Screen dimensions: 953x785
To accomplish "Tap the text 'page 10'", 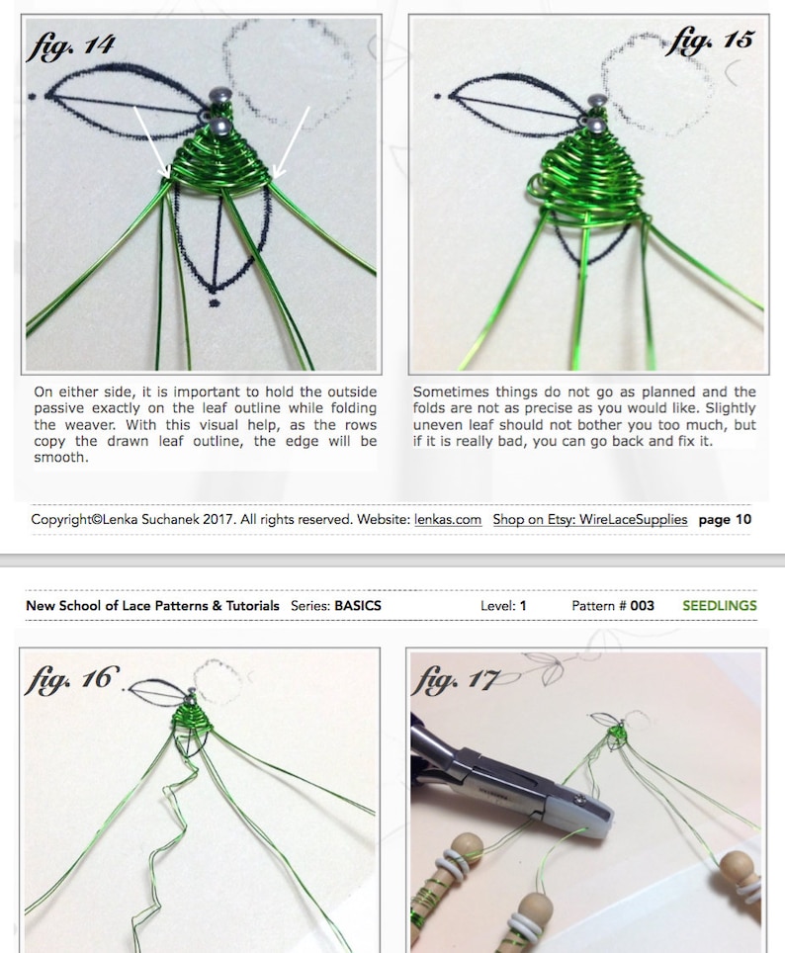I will pyautogui.click(x=725, y=519).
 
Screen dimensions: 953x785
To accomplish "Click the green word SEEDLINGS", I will pyautogui.click(x=719, y=605).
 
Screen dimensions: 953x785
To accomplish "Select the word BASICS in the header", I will pyautogui.click(x=358, y=605).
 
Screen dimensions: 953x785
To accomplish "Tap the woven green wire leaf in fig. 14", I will pyautogui.click(x=221, y=163).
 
